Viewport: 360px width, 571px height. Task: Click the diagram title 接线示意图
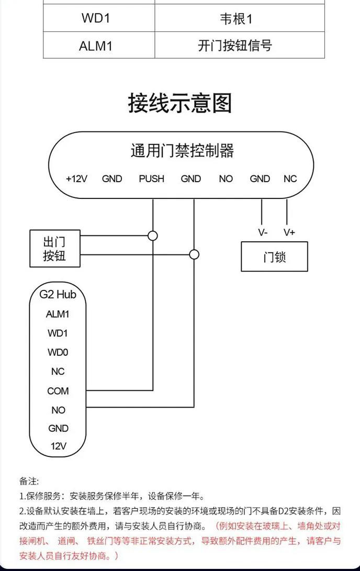tap(180, 103)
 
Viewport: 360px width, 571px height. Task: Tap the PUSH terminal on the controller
tap(151, 179)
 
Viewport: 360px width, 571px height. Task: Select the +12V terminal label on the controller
tap(76, 179)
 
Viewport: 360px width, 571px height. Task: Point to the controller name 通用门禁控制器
tap(182, 151)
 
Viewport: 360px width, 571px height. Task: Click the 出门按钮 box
tap(54, 249)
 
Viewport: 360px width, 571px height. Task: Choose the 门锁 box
tap(274, 256)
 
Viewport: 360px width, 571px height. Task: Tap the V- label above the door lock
tap(263, 232)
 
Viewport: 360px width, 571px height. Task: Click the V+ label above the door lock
tap(289, 232)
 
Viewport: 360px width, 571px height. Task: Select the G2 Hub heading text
tap(58, 294)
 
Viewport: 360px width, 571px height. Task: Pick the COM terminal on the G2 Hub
tap(58, 391)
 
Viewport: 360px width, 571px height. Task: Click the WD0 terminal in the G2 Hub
tap(58, 352)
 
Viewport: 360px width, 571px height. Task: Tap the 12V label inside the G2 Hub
tap(58, 446)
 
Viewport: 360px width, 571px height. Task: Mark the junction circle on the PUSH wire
tap(153, 236)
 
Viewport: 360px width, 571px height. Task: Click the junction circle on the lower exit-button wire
tap(194, 255)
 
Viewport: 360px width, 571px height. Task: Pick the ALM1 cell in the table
tap(96, 46)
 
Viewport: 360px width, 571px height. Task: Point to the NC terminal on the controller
tap(290, 179)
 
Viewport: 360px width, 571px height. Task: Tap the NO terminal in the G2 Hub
tap(58, 410)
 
